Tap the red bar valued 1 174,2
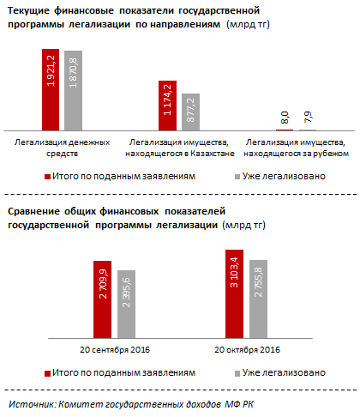click(x=166, y=106)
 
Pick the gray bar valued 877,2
click(x=189, y=112)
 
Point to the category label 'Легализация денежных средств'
click(x=62, y=147)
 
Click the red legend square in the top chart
click(x=48, y=175)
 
